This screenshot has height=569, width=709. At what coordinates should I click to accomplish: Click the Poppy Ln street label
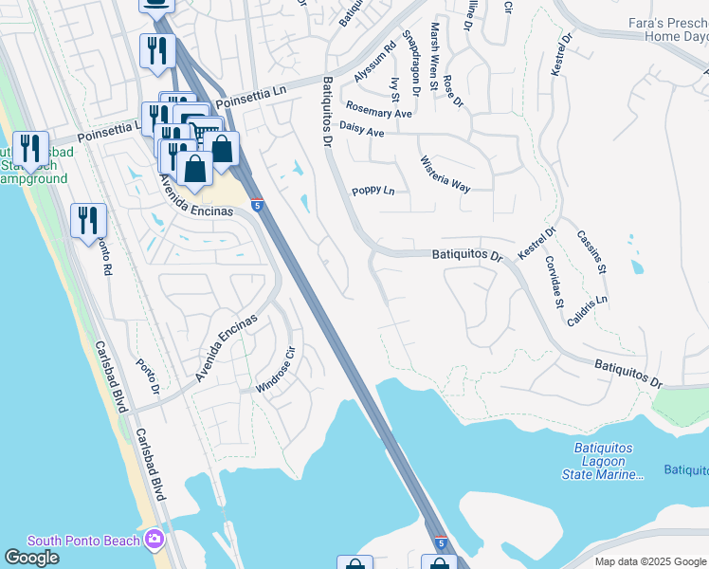pyautogui.click(x=373, y=191)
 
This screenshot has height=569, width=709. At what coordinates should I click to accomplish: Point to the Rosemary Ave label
pyautogui.click(x=379, y=110)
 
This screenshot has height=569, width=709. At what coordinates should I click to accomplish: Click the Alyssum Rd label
pyautogui.click(x=374, y=61)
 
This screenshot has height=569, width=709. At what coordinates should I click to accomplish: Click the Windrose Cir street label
pyautogui.click(x=277, y=375)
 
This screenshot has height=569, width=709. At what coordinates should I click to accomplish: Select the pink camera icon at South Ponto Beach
pyautogui.click(x=155, y=541)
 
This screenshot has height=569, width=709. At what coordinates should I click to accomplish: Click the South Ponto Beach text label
pyautogui.click(x=84, y=541)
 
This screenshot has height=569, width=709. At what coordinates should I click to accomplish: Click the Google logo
pyautogui.click(x=31, y=558)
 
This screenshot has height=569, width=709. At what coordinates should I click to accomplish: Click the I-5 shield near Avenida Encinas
pyautogui.click(x=257, y=204)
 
